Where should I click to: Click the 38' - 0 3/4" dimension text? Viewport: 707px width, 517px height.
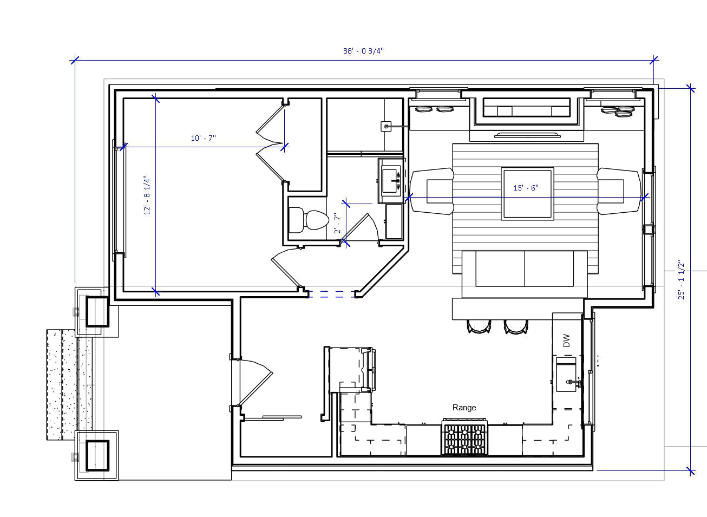[x=363, y=51]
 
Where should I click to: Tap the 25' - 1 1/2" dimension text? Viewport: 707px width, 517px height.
[x=681, y=280]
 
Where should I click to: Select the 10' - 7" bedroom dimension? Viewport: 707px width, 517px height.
[x=203, y=138]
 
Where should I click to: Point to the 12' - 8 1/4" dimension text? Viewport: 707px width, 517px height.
[x=147, y=195]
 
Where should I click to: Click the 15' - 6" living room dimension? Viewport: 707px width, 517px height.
[x=526, y=188]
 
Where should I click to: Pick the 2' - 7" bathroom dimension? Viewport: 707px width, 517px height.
[x=337, y=223]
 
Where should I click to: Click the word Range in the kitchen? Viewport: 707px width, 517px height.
[x=464, y=408]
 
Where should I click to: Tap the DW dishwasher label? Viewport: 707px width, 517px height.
[x=566, y=341]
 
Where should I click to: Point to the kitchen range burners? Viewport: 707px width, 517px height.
[x=464, y=437]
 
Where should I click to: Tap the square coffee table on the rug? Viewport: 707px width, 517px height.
[x=528, y=193]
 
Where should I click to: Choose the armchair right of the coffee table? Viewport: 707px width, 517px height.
[x=618, y=191]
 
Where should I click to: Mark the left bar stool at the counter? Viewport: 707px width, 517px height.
[x=479, y=325]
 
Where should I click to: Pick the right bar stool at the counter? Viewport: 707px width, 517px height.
[x=515, y=325]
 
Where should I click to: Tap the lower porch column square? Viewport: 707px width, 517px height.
[x=97, y=455]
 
